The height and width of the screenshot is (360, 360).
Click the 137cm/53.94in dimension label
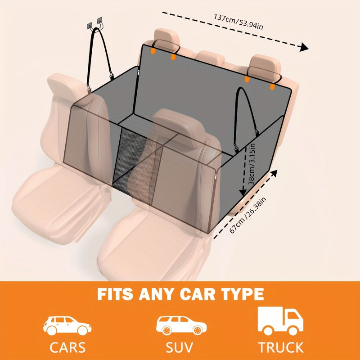click(238, 22)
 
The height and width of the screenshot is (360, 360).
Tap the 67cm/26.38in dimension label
click(248, 215)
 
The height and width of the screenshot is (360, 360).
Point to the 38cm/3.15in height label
click(252, 164)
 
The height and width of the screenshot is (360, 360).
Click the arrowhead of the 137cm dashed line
click(304, 47)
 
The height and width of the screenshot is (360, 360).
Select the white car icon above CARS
click(67, 325)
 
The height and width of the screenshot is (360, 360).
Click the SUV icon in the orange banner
click(181, 325)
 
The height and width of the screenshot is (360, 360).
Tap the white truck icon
click(280, 321)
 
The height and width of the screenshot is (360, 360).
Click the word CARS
click(67, 347)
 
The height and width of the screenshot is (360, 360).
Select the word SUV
click(179, 347)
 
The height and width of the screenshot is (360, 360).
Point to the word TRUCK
click(281, 347)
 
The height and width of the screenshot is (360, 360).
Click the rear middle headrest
click(210, 58)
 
